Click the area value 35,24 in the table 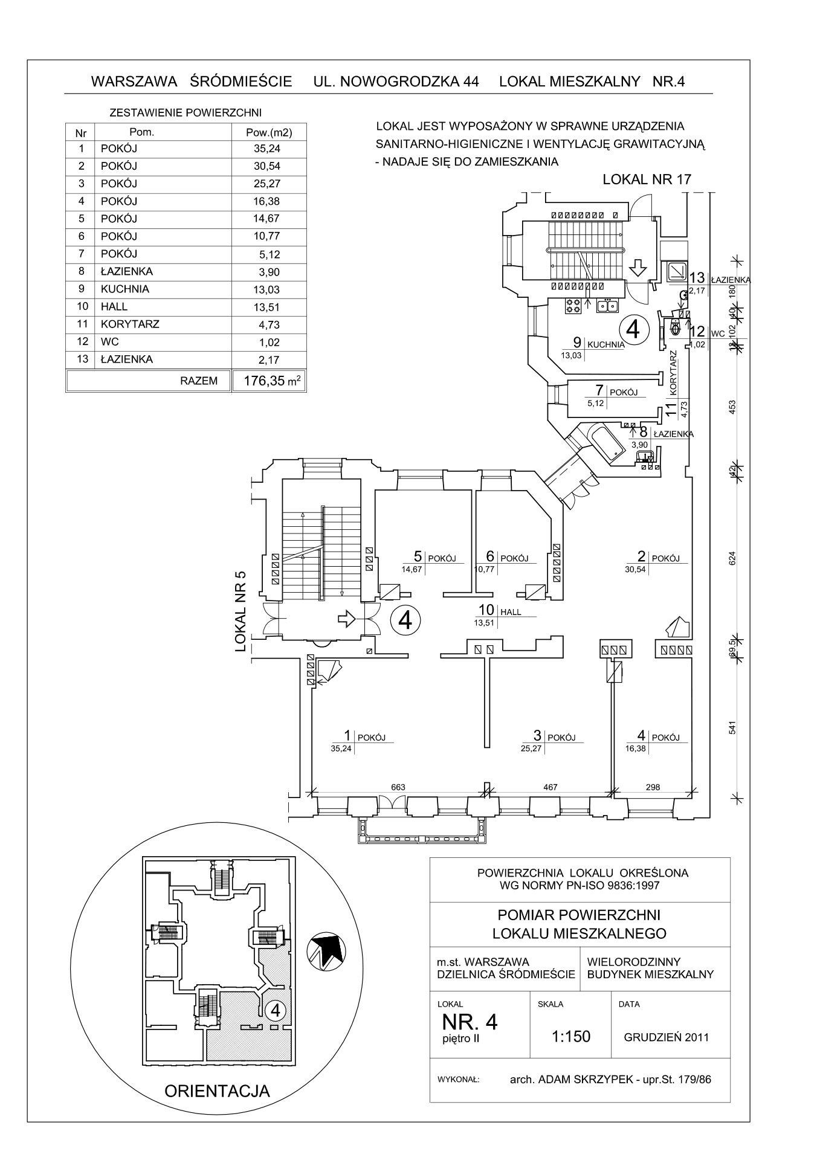(268, 149)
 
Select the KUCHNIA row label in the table (125, 289)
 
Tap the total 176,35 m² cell (269, 381)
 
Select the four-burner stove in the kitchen (572, 306)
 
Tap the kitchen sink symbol (606, 306)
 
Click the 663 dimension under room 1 (398, 787)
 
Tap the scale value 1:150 (570, 1036)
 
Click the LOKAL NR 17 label (647, 179)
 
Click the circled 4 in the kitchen (633, 329)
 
